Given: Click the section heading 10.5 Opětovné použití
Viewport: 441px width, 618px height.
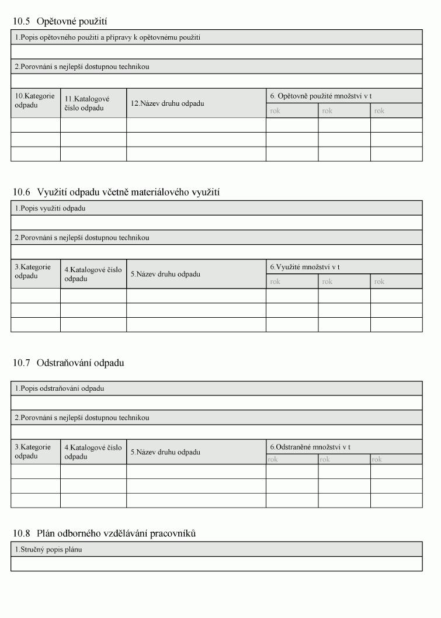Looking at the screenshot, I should [x=60, y=22].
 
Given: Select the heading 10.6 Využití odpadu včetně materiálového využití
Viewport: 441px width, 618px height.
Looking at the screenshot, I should [x=116, y=192].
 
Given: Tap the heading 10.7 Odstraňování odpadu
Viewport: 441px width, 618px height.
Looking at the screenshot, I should [x=68, y=363].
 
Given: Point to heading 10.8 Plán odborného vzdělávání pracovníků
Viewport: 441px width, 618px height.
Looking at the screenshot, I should [x=104, y=533].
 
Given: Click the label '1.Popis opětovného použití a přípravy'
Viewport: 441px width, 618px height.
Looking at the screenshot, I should [x=107, y=37].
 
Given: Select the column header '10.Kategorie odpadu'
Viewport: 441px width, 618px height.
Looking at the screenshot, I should [x=35, y=100].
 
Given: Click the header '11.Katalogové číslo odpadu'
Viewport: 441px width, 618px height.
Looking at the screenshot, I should [x=87, y=103].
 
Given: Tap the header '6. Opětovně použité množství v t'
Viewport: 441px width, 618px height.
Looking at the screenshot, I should [x=321, y=96].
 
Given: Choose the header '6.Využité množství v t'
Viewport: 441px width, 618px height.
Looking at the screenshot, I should [x=305, y=267].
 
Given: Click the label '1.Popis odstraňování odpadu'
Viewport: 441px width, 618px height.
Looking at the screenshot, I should [x=60, y=388].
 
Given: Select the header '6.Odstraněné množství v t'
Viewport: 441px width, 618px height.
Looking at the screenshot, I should [x=310, y=447].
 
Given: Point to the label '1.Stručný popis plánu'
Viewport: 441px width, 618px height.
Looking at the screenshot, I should [x=48, y=550].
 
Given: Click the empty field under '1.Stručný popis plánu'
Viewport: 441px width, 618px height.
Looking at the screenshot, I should [x=216, y=564].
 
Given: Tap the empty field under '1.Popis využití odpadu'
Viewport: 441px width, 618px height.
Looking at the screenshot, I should [x=216, y=223].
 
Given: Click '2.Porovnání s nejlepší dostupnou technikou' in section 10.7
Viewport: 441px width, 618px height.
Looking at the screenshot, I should [x=82, y=418].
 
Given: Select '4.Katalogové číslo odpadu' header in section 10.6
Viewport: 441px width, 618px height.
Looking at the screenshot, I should [x=93, y=274].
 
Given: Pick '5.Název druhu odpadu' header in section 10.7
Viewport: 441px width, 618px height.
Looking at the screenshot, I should [x=165, y=452].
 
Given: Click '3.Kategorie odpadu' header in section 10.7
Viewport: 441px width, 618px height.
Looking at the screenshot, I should [x=33, y=452].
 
